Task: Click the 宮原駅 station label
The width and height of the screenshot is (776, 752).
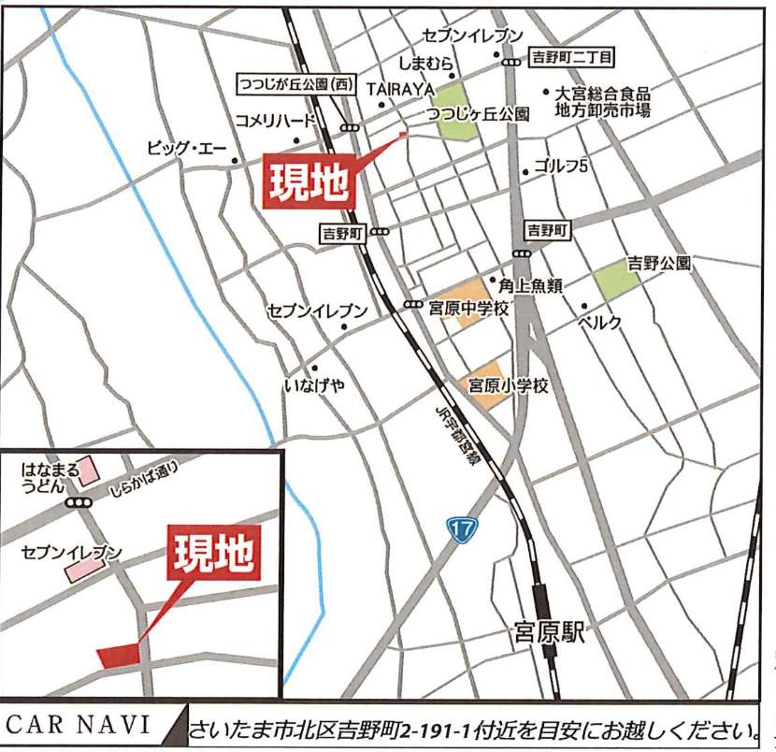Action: (549, 633)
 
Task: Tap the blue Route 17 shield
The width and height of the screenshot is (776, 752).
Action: (457, 528)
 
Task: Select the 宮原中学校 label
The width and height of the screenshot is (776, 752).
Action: (468, 308)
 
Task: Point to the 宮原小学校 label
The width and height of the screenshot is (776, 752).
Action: (508, 384)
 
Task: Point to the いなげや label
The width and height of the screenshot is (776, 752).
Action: (314, 386)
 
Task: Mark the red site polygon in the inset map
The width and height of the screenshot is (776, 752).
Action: (118, 655)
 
